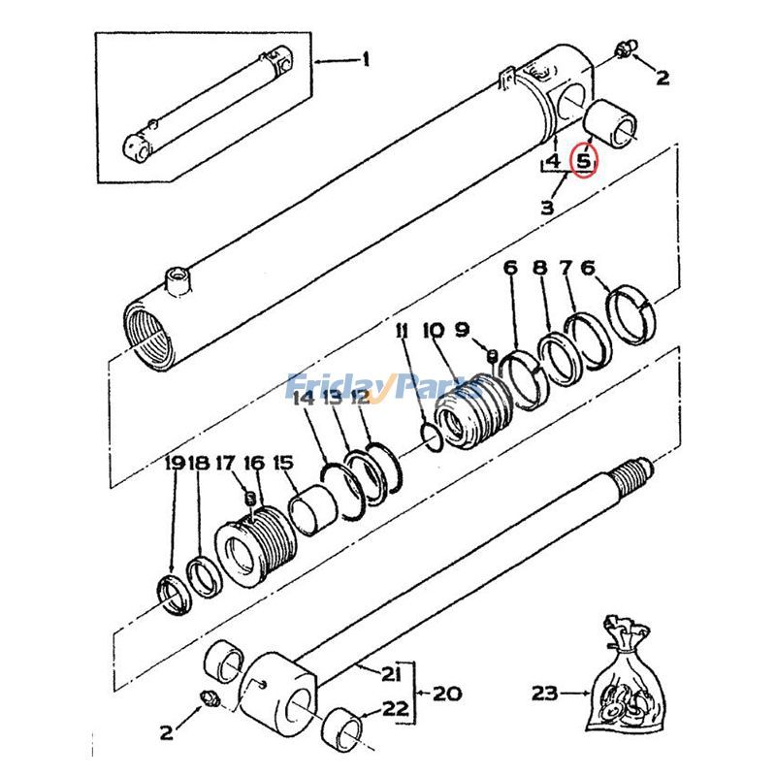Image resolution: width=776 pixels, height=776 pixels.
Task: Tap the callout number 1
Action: [366, 61]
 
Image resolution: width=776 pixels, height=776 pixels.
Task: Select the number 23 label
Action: [546, 693]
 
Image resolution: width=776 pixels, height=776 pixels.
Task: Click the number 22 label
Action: [395, 709]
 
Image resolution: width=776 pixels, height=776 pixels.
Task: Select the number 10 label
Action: [433, 332]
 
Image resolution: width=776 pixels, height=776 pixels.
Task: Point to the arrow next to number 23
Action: [576, 693]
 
